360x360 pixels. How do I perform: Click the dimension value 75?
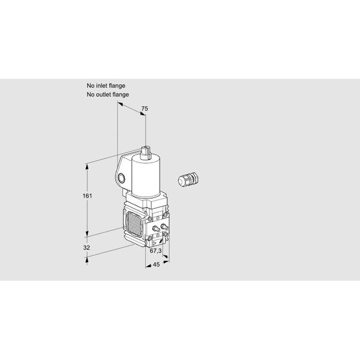click(x=145, y=109)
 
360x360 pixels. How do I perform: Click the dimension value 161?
click(x=87, y=196)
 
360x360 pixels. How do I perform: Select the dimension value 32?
click(x=86, y=247)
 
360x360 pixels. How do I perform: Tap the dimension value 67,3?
click(x=155, y=251)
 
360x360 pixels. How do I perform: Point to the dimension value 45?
click(x=156, y=265)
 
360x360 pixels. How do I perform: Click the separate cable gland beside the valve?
click(x=188, y=178)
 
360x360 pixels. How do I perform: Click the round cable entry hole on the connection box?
click(x=121, y=178)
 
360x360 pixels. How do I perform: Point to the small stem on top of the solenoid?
click(x=146, y=152)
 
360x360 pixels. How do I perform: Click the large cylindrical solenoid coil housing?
click(x=146, y=176)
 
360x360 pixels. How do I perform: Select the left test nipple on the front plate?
click(x=156, y=228)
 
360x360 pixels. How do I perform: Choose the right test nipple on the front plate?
click(x=164, y=227)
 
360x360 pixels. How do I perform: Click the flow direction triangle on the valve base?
click(x=154, y=243)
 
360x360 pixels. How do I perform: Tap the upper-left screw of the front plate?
click(x=150, y=218)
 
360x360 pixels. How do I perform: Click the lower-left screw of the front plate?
click(x=150, y=238)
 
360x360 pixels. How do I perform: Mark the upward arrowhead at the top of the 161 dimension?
click(x=87, y=167)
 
